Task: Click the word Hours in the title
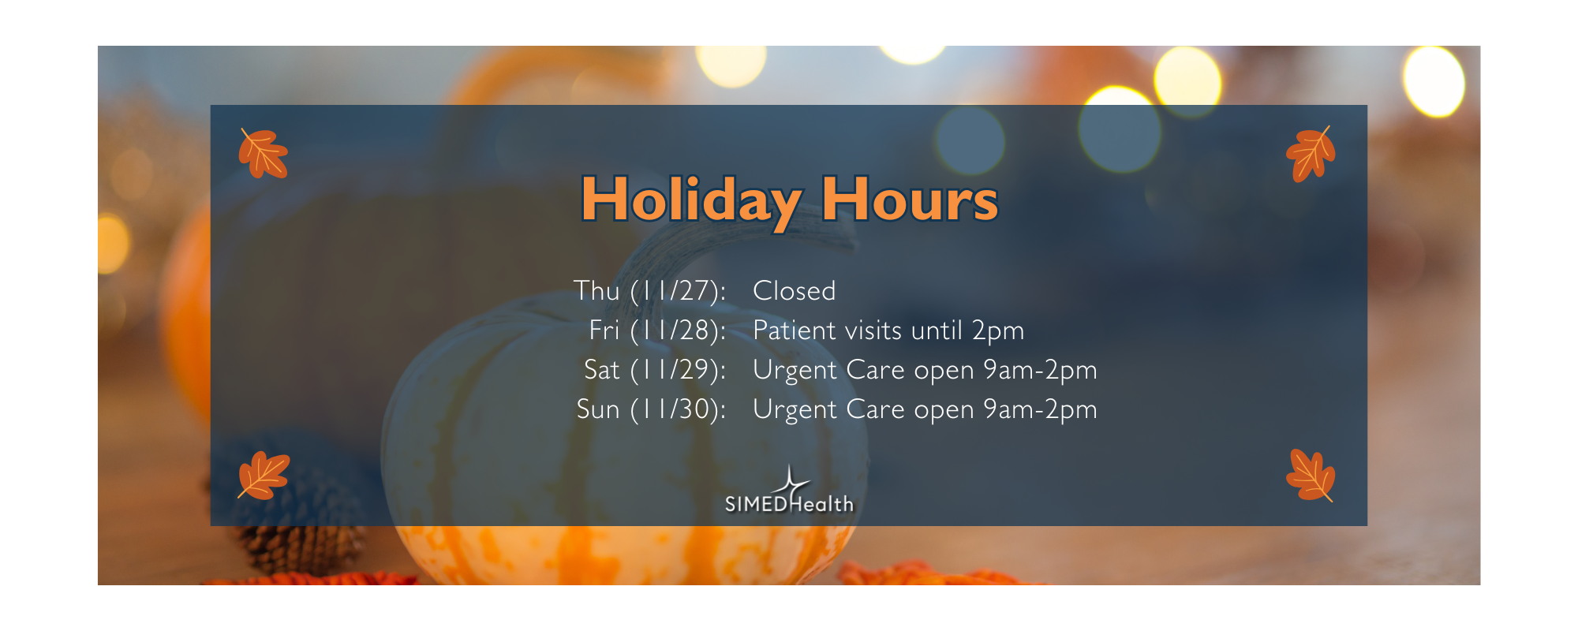pyautogui.click(x=910, y=200)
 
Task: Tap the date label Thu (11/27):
pyautogui.click(x=649, y=291)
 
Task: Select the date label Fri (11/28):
pyautogui.click(x=657, y=330)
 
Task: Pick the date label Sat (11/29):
pyautogui.click(x=654, y=370)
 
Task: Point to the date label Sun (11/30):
pyautogui.click(x=651, y=409)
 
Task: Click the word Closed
pyautogui.click(x=794, y=291)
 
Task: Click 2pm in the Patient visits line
pyautogui.click(x=998, y=330)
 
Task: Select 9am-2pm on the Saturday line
pyautogui.click(x=1040, y=370)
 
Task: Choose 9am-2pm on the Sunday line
pyautogui.click(x=1040, y=409)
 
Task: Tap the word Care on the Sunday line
pyautogui.click(x=875, y=409)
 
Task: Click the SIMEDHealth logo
pyautogui.click(x=789, y=497)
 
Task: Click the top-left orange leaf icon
pyautogui.click(x=264, y=153)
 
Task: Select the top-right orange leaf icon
pyautogui.click(x=1311, y=154)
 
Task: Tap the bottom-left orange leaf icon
pyautogui.click(x=264, y=476)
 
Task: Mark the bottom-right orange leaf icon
pyautogui.click(x=1311, y=476)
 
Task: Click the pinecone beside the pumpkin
pyautogui.click(x=300, y=536)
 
